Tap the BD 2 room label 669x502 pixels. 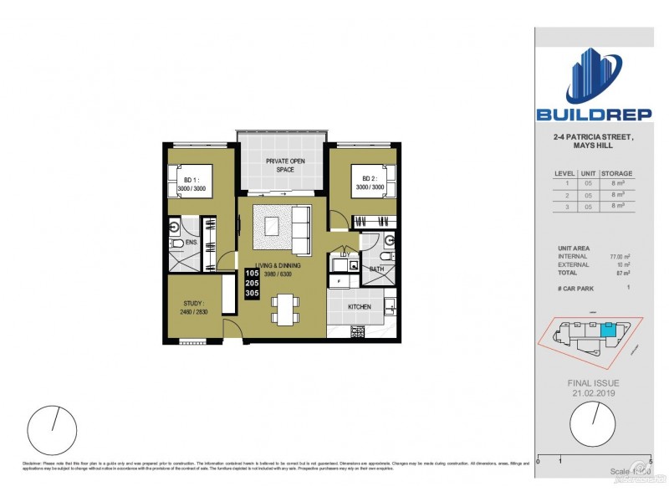click(370, 179)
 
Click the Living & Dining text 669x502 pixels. click(278, 265)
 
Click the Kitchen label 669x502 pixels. click(360, 307)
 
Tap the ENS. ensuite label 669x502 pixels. click(191, 243)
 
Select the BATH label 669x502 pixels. click(376, 269)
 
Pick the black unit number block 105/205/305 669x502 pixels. click(252, 284)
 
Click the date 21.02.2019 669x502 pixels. click(594, 392)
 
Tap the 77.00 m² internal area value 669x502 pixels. click(619, 257)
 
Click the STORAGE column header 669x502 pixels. click(617, 173)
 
